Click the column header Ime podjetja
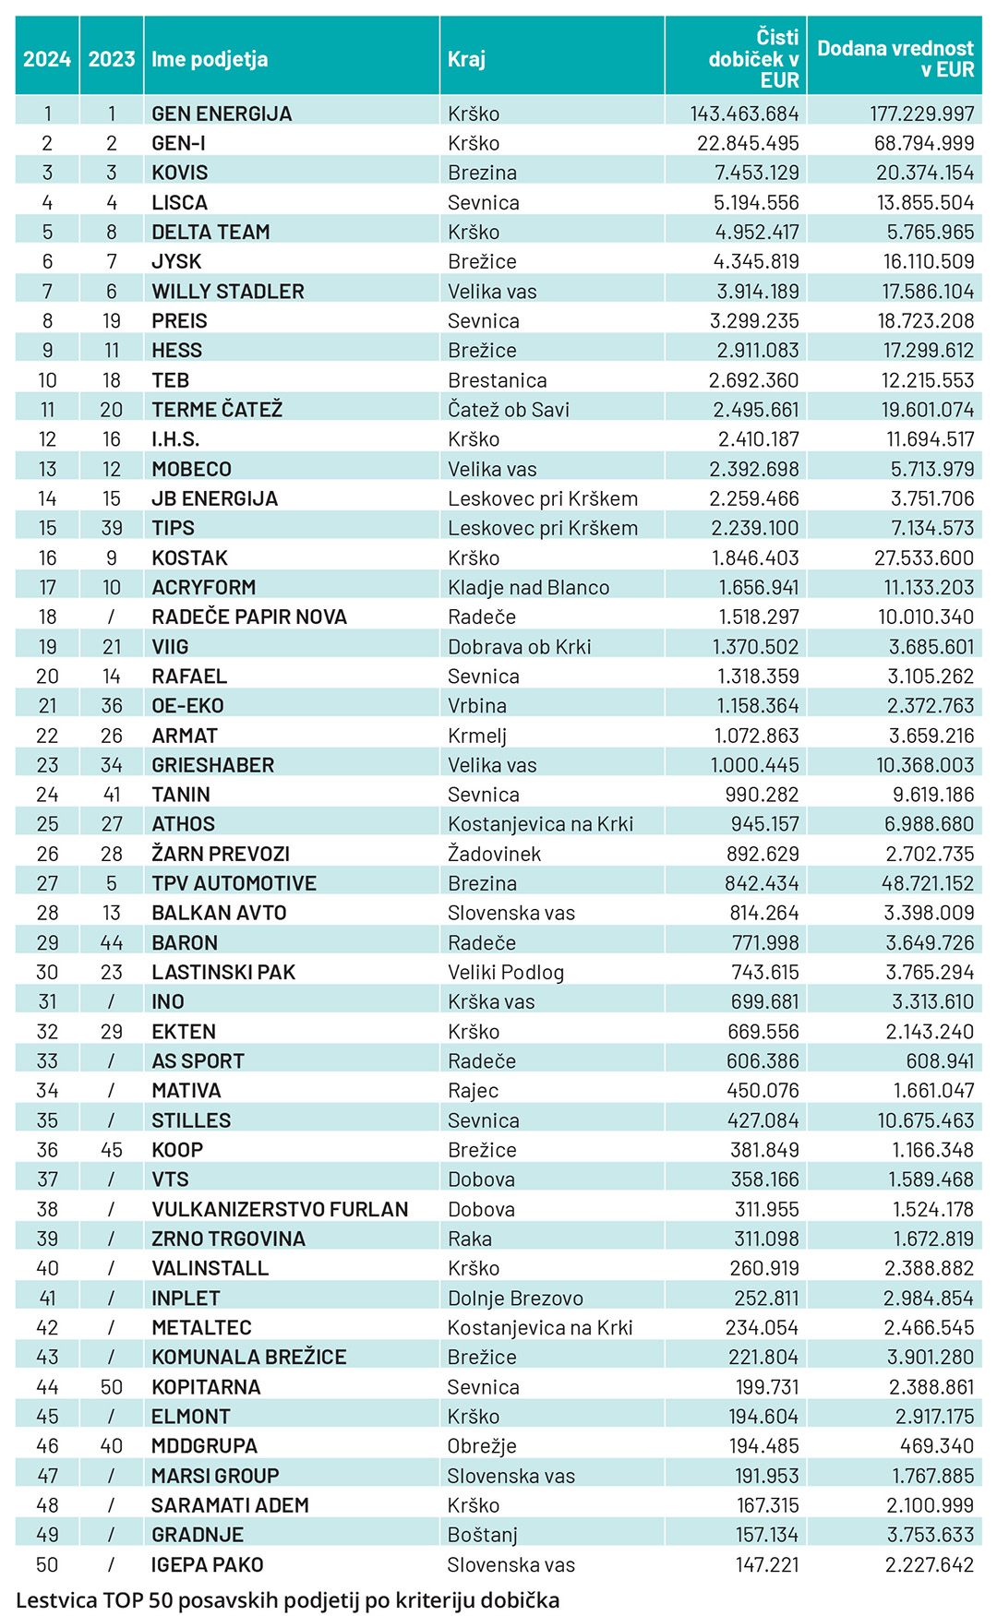(x=210, y=59)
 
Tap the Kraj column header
(x=466, y=59)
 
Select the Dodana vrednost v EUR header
(x=895, y=59)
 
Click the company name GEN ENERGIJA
(x=222, y=114)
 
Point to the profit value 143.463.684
(x=744, y=114)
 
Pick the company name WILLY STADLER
(x=228, y=292)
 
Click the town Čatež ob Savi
(x=509, y=410)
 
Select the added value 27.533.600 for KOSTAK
(x=924, y=558)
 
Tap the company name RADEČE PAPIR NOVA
(x=249, y=617)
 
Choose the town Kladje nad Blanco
(x=528, y=588)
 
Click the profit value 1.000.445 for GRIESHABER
(x=754, y=765)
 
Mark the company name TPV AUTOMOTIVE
(x=234, y=883)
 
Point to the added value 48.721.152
(x=927, y=883)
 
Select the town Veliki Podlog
(x=506, y=973)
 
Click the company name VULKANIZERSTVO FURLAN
(x=280, y=1209)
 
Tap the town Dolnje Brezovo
(x=515, y=1299)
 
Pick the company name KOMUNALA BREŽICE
(x=249, y=1358)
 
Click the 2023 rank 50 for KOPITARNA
(x=112, y=1387)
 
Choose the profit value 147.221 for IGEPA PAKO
(x=767, y=1565)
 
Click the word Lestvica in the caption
(x=55, y=1600)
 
